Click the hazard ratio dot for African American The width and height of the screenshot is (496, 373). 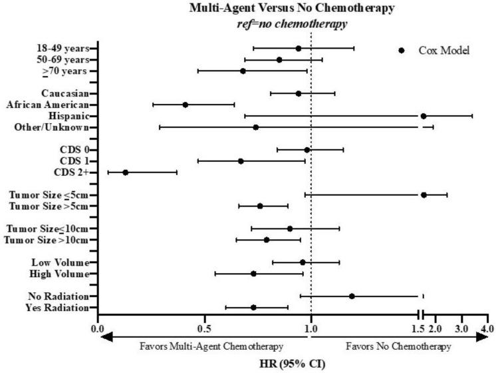click(186, 105)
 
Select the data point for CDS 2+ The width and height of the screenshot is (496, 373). click(125, 173)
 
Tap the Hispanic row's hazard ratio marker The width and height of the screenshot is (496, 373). click(424, 116)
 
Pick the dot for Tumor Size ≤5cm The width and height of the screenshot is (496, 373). click(424, 195)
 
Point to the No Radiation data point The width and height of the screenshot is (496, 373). click(352, 296)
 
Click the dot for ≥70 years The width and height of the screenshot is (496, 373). click(243, 71)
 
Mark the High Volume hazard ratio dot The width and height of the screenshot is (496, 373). click(253, 274)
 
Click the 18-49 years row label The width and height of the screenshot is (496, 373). click(65, 49)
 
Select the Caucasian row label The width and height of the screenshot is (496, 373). click(64, 93)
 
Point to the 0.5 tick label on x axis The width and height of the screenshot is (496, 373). click(204, 329)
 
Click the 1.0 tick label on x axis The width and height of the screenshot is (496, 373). click(311, 329)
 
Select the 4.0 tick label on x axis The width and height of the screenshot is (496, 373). click(487, 329)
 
